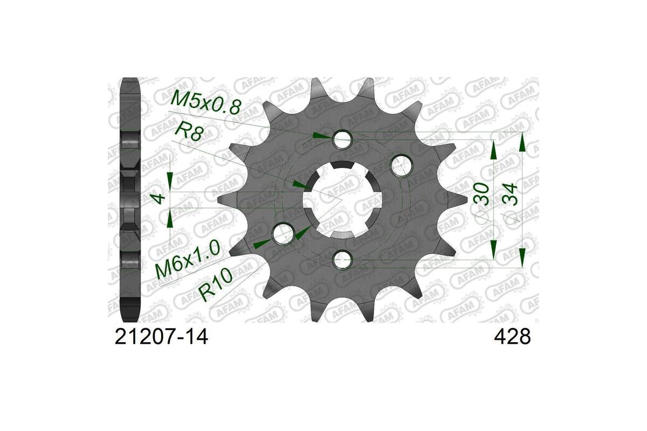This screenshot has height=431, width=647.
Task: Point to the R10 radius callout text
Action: (x=216, y=284)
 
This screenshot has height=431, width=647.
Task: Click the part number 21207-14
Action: (x=161, y=337)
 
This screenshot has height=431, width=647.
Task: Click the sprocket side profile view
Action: (x=130, y=199)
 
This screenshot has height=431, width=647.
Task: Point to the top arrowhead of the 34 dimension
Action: (x=522, y=143)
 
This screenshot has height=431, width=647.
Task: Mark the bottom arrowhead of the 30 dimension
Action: (x=493, y=249)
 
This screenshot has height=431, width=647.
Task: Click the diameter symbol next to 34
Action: (x=511, y=217)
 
